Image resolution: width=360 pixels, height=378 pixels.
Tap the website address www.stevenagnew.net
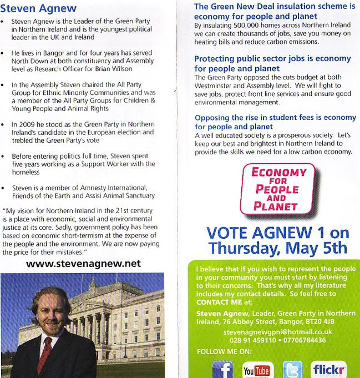[x=83, y=264]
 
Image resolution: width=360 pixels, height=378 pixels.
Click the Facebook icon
[x=222, y=369]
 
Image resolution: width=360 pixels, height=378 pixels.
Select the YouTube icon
[x=257, y=370]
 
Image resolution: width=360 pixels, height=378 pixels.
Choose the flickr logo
[x=329, y=369]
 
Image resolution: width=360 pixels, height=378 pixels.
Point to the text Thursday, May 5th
[x=277, y=248]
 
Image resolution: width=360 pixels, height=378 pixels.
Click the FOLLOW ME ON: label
[x=224, y=351]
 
